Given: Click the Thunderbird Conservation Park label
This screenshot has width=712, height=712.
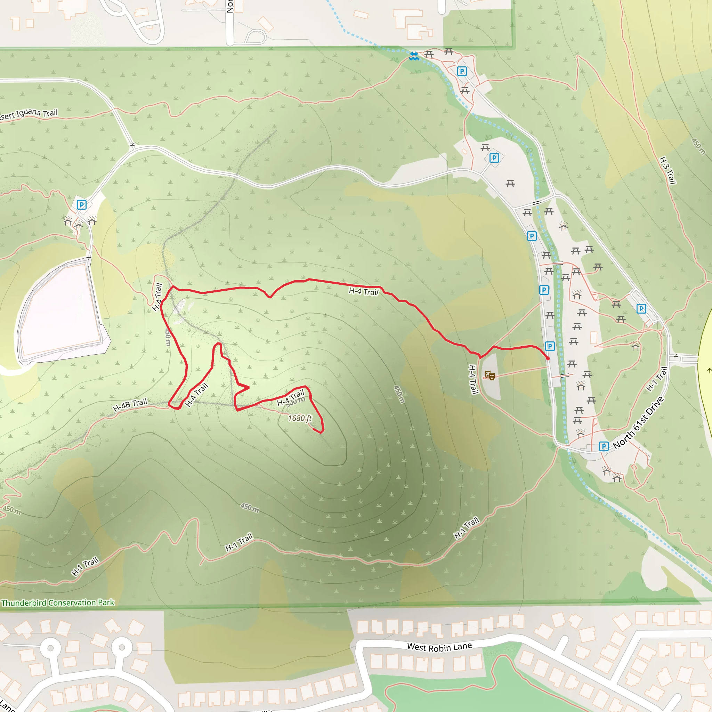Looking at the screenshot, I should (58, 603).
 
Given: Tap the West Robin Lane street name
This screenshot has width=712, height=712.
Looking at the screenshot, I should (439, 647).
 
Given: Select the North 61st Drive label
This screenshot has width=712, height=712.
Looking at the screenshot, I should (638, 423).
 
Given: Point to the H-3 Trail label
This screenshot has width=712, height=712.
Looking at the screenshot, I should (667, 171).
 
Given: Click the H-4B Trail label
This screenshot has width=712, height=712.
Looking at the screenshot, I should (130, 405).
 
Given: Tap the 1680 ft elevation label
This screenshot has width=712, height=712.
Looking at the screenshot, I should (300, 418).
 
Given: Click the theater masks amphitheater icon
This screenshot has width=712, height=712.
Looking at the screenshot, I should (489, 375).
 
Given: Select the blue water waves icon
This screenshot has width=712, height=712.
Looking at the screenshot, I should (414, 56).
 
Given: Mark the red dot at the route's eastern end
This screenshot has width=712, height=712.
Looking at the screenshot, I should (548, 358).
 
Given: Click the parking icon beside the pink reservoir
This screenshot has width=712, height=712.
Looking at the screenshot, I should (81, 204).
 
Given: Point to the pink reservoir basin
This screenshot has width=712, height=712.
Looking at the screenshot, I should (61, 309).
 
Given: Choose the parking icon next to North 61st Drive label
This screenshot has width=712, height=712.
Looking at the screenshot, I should (604, 446).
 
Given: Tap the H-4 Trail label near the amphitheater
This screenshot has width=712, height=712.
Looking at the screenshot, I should (473, 380).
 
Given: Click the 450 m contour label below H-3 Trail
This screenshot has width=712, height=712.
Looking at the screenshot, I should (698, 147).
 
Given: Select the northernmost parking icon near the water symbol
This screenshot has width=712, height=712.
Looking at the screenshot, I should (462, 71).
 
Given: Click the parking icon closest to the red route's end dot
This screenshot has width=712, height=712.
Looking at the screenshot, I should (550, 346).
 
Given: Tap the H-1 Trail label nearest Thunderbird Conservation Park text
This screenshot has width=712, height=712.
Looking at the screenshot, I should (85, 566).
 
